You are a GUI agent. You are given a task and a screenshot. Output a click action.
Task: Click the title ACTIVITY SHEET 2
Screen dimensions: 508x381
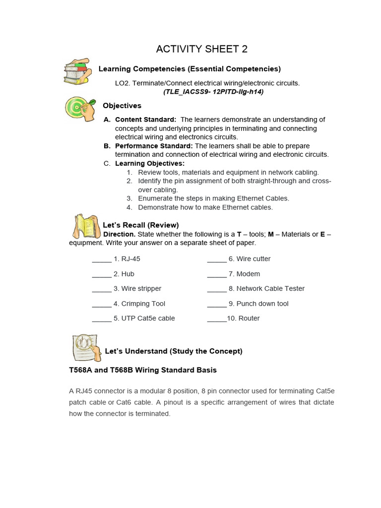pos(201,49)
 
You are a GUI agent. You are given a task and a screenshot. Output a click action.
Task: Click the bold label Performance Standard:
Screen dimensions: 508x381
pos(154,146)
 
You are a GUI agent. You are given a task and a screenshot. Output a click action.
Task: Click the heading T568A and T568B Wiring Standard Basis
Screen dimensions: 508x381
pos(143,370)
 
